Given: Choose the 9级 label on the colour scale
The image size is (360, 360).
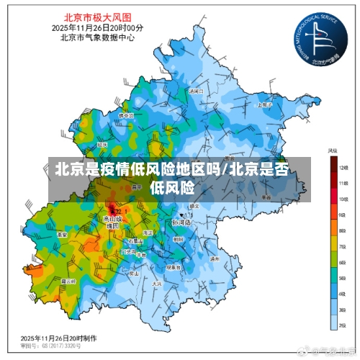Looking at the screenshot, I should pos(343,215).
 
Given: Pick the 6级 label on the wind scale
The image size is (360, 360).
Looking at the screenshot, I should pos(343,262).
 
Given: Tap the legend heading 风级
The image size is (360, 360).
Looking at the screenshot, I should pos(333,151).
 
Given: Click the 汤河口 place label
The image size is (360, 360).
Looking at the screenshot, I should pos(195,91).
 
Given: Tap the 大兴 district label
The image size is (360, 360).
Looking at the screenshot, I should pos(156,284).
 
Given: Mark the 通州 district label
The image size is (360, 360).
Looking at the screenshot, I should pos(213,258).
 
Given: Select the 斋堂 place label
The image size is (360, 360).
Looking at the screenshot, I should pos(52,234).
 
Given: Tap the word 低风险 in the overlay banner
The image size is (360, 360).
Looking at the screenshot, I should pos(173,188).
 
